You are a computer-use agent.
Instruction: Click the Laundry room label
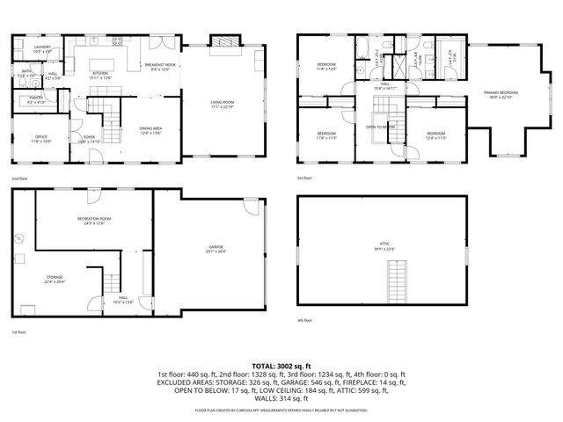tap(42, 48)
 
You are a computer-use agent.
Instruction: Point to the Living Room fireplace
tap(223, 41)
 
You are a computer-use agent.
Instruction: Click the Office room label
tap(42, 139)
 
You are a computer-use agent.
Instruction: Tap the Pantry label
tap(35, 100)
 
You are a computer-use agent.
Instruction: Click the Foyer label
tap(89, 139)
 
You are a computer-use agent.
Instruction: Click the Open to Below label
tap(381, 127)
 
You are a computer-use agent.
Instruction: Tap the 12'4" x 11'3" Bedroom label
tap(435, 135)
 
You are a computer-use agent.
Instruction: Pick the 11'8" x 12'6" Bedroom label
tap(325, 65)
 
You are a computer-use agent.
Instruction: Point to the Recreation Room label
tap(93, 221)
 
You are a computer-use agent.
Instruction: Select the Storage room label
tap(55, 280)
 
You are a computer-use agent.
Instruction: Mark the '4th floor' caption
tap(305, 320)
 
